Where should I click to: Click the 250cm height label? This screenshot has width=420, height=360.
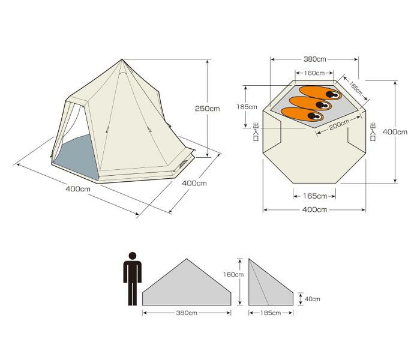[207, 109]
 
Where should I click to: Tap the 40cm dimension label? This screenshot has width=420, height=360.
[313, 299]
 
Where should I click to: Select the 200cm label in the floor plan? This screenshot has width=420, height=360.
[339, 125]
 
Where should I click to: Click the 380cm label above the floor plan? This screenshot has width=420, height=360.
[315, 59]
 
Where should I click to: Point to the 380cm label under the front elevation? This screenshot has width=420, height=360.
[187, 313]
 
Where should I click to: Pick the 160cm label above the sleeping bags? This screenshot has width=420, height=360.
[314, 73]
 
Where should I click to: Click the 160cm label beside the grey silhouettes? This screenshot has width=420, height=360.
[233, 275]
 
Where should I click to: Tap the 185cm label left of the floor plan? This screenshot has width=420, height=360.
[247, 107]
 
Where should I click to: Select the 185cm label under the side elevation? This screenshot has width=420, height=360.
[271, 313]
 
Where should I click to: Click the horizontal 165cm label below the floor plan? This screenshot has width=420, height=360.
[315, 196]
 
